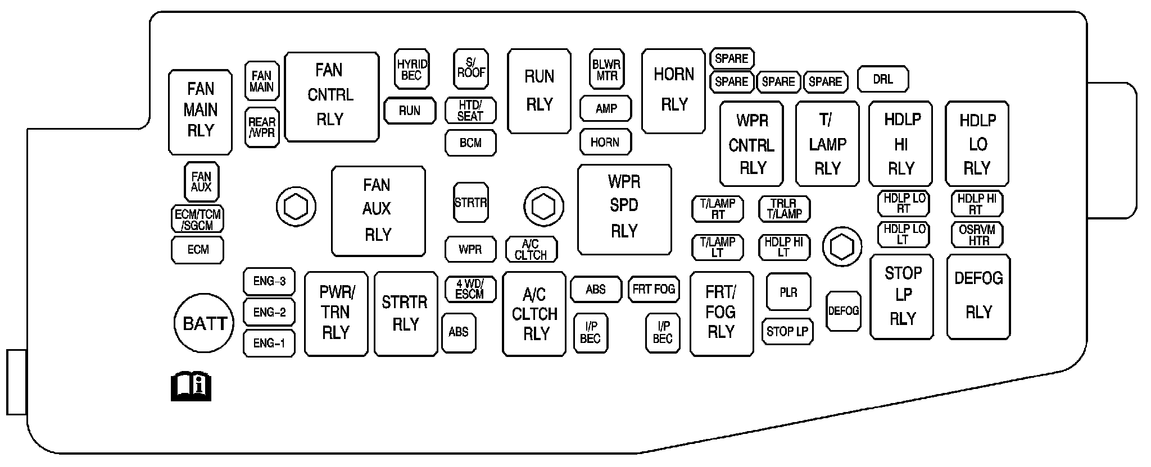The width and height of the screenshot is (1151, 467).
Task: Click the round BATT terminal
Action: click(x=204, y=323)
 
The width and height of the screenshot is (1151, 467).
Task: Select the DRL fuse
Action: click(x=883, y=80)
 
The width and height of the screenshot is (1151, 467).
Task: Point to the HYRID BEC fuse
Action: click(x=412, y=70)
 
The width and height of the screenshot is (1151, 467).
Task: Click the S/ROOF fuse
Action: click(x=471, y=69)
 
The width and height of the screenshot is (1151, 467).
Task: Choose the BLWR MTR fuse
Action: click(x=606, y=70)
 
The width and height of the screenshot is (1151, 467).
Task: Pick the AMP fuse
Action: click(x=606, y=109)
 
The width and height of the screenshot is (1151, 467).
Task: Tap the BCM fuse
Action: click(x=470, y=143)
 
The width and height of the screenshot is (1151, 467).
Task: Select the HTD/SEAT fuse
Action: click(x=470, y=111)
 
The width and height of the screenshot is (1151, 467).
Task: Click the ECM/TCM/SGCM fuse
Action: click(x=197, y=219)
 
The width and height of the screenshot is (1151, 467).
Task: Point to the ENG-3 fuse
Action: click(x=269, y=281)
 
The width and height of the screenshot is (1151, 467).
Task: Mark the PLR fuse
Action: click(x=789, y=292)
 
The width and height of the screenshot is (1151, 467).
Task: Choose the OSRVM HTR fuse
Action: click(x=977, y=235)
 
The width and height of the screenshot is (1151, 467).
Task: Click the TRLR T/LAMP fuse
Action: click(x=785, y=209)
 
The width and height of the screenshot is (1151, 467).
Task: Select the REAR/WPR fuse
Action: click(x=262, y=127)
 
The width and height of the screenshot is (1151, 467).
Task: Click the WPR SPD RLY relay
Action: click(x=624, y=209)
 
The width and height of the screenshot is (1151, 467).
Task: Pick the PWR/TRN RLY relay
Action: click(x=336, y=314)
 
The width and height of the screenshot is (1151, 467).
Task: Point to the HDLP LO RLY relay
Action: click(x=977, y=144)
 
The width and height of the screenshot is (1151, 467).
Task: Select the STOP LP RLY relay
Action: click(x=902, y=297)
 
